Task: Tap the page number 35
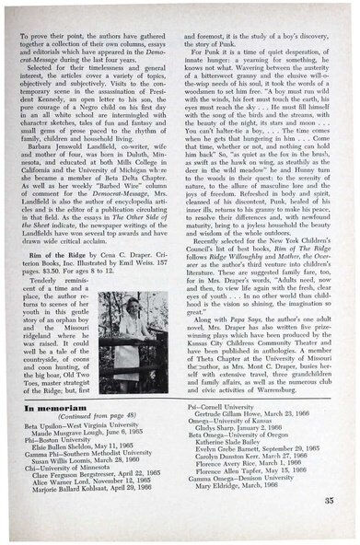(x=329, y=499)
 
